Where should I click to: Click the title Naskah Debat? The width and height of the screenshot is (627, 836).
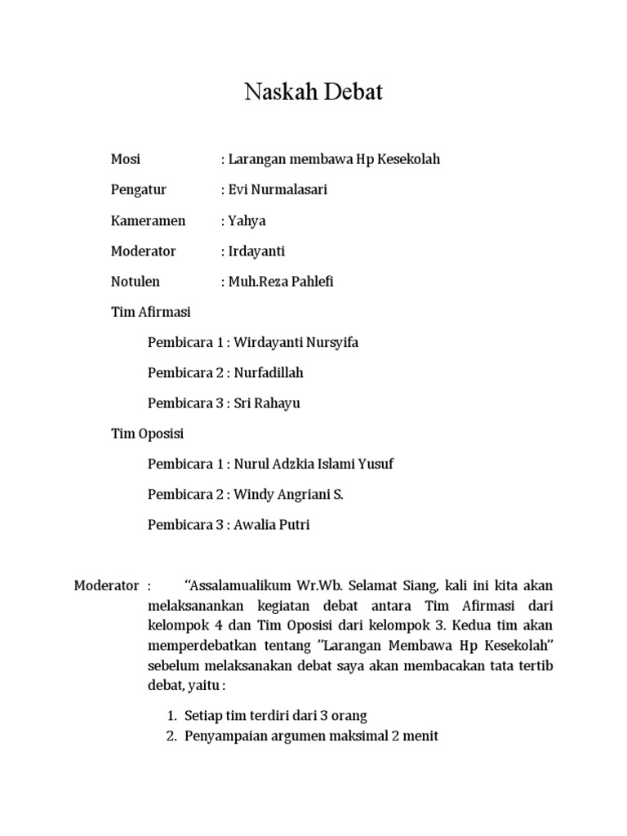tap(313, 93)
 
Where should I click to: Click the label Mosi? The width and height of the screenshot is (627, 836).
tap(125, 159)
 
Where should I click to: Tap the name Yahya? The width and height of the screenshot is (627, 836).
tap(247, 220)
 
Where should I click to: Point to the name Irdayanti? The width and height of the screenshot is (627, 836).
tap(257, 251)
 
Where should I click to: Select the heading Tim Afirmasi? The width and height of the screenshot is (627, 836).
tap(151, 312)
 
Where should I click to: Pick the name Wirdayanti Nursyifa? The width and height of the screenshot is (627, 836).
tap(296, 342)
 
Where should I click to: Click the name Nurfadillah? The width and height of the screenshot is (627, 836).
tap(269, 372)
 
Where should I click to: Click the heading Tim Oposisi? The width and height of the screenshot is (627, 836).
tap(148, 434)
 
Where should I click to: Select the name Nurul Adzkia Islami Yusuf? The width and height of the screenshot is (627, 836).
tap(313, 464)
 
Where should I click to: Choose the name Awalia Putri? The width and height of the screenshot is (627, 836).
tap(272, 525)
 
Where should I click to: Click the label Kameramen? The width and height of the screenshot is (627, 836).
tap(148, 220)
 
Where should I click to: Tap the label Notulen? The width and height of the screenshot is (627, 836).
tap(136, 282)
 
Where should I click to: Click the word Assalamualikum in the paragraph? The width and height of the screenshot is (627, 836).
tap(246, 585)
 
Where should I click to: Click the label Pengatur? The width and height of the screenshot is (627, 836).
tap(139, 189)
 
